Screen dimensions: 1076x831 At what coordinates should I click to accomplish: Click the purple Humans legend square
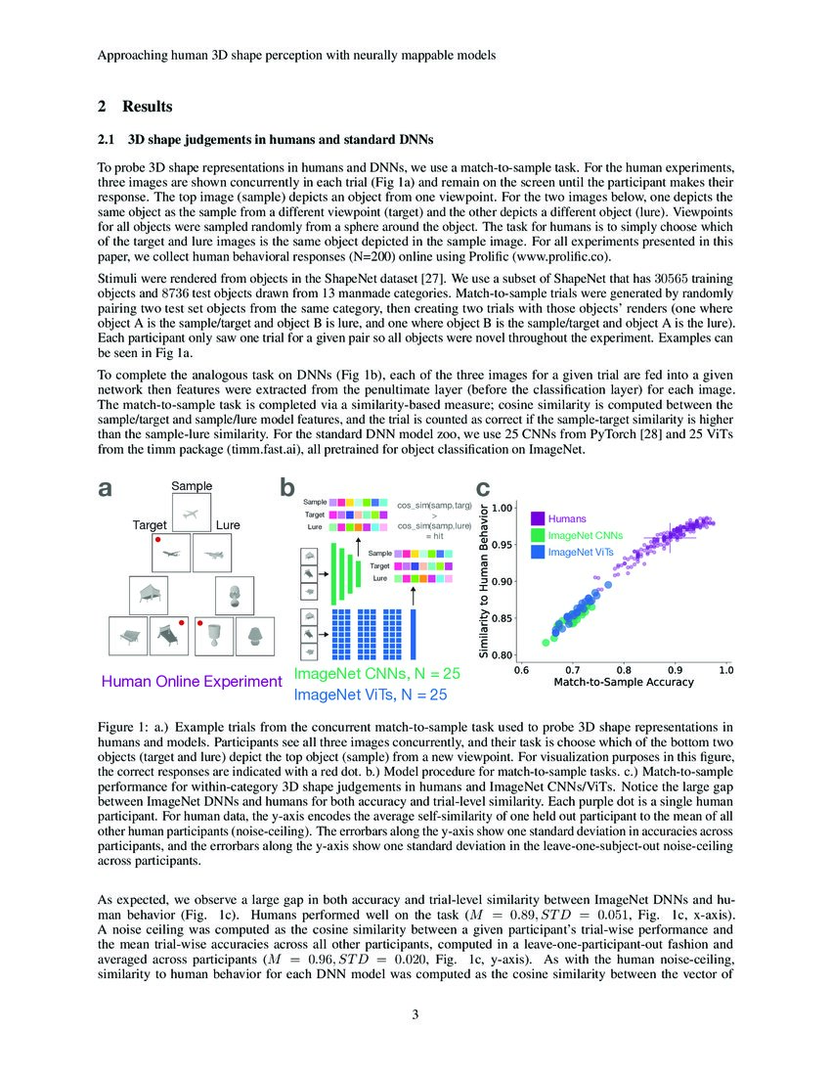538,518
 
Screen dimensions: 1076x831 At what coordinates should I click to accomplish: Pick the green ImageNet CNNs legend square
538,535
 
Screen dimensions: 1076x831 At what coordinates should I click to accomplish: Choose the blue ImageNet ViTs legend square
538,553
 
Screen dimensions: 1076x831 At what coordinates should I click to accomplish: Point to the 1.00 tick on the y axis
503,508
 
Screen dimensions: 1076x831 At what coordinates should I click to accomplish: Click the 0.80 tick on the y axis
503,654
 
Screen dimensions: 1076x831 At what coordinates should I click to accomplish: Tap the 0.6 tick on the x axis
521,670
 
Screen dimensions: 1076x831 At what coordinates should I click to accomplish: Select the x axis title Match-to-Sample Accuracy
624,682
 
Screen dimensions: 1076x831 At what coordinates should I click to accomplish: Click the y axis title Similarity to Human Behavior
485,581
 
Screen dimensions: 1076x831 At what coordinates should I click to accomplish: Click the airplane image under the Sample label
192,513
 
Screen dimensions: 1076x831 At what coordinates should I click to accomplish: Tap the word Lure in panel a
228,525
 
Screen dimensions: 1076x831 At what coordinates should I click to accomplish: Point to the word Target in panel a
151,525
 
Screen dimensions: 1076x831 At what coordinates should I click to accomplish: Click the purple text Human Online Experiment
192,681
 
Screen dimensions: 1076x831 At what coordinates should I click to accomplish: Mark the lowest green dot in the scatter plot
547,643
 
